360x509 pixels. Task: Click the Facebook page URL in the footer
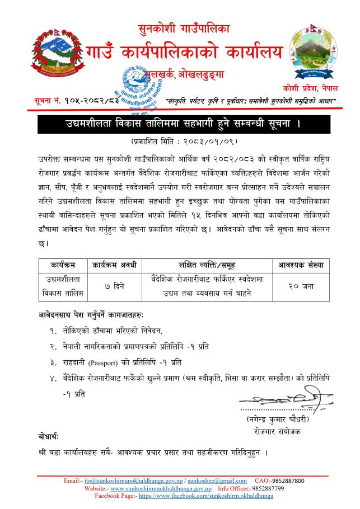coord(198,495)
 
